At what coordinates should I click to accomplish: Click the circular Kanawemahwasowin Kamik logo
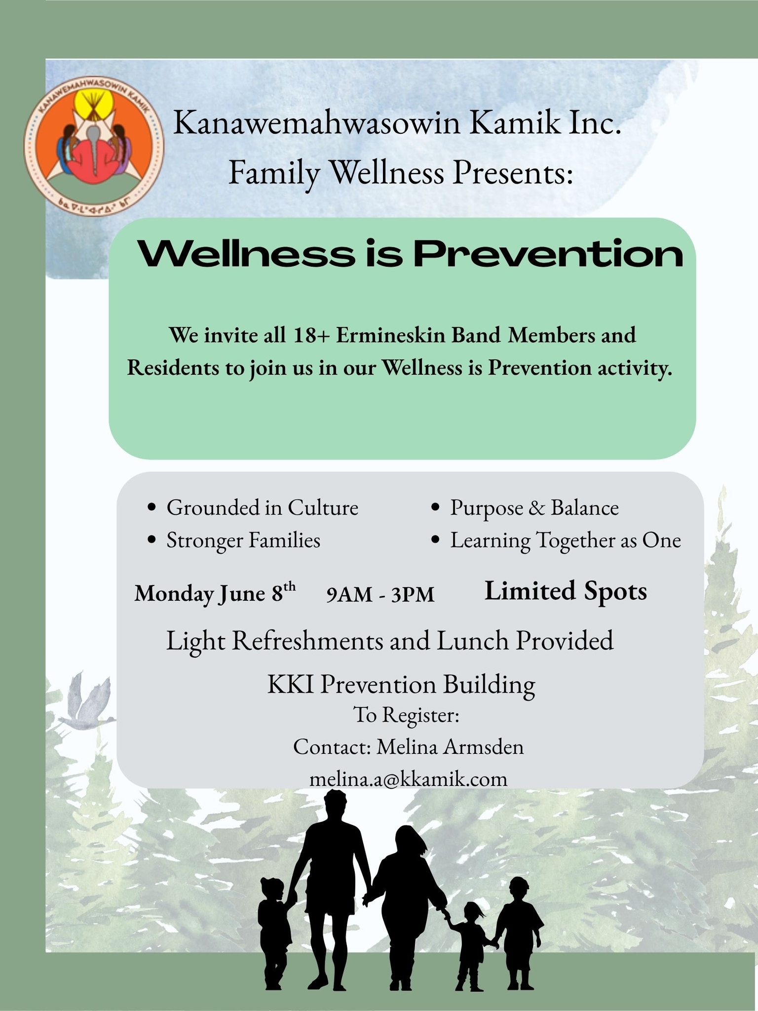(94, 147)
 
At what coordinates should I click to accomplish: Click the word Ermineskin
(391, 335)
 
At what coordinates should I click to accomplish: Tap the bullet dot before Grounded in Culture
(152, 508)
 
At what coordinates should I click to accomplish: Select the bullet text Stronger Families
(243, 540)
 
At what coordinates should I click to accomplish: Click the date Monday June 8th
(215, 593)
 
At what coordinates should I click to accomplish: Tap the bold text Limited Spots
(566, 591)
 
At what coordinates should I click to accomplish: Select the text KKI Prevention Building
(401, 685)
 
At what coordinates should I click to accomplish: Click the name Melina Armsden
(450, 747)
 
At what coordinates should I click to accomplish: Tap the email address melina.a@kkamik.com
(408, 779)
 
